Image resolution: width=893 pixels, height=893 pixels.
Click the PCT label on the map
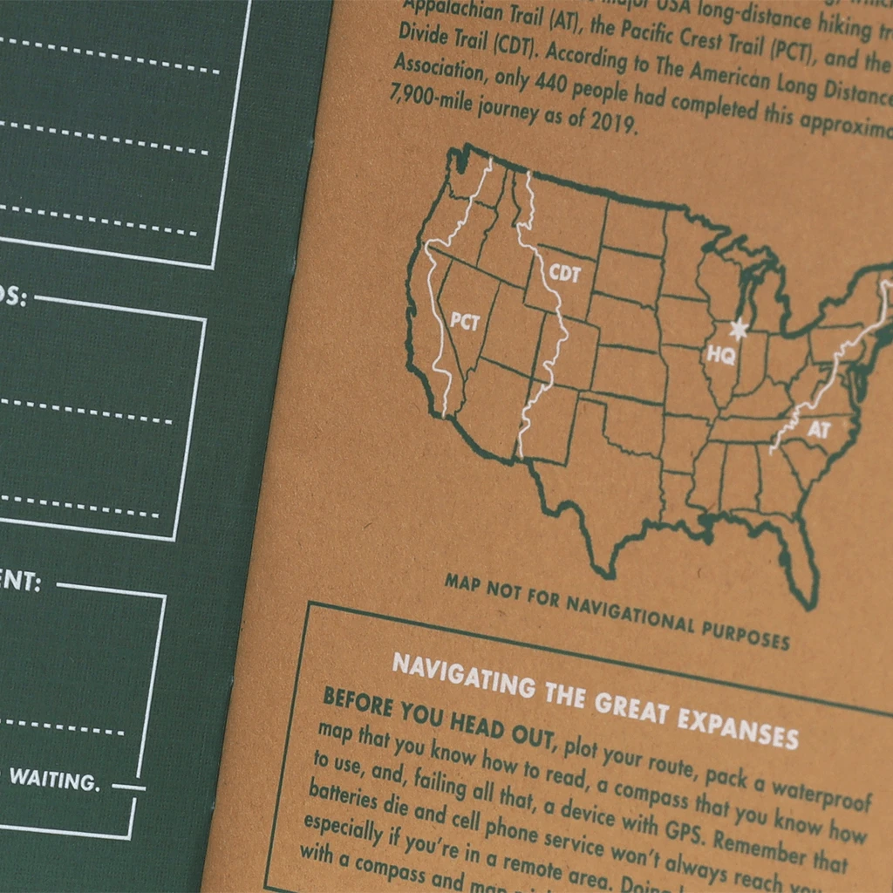(465, 322)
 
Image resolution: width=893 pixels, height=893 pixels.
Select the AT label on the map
(818, 429)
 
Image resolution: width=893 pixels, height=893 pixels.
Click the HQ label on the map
(720, 355)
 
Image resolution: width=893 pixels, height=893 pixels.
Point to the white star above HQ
(739, 330)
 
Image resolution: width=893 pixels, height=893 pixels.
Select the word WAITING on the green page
(54, 779)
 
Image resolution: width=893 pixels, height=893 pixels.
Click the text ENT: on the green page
(19, 582)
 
